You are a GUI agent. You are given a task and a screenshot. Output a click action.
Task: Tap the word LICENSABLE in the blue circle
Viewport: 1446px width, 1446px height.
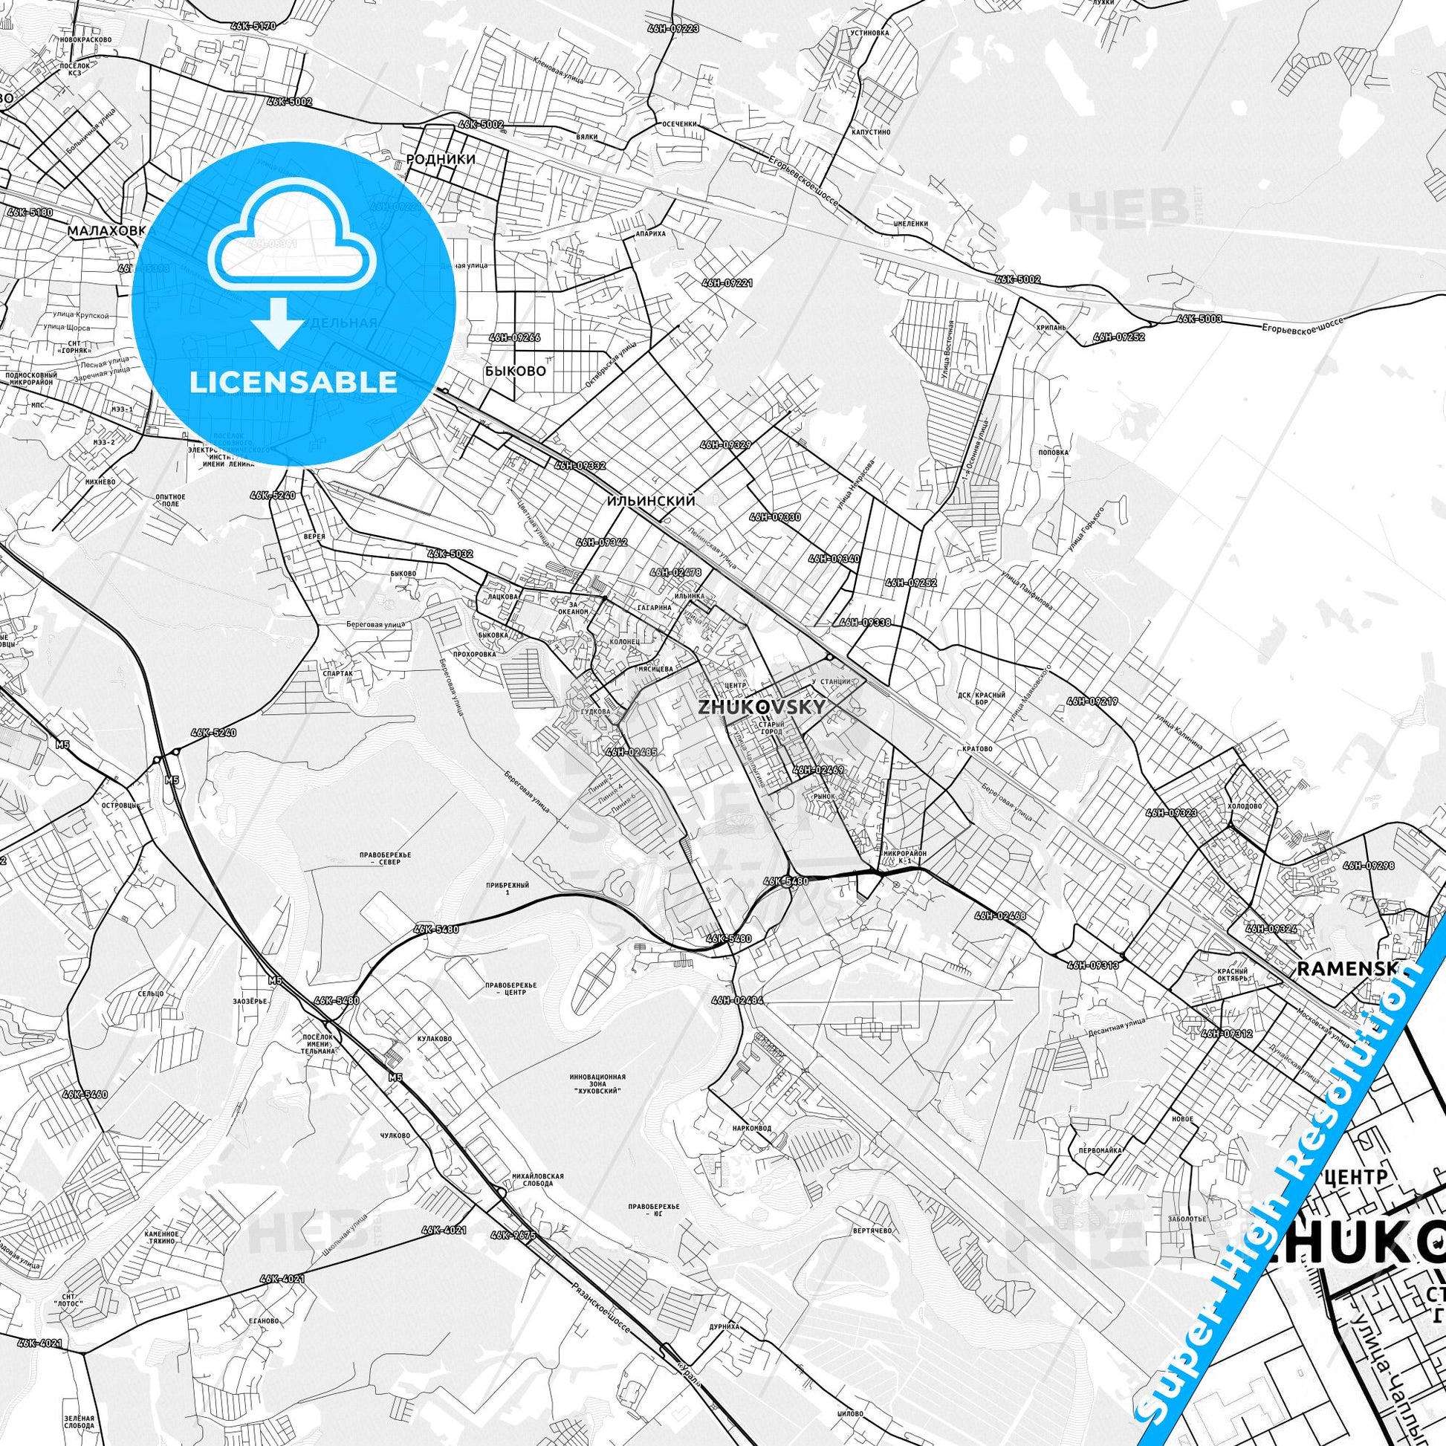coord(294,382)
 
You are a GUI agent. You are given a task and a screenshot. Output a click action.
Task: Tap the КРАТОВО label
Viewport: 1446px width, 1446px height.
coord(978,749)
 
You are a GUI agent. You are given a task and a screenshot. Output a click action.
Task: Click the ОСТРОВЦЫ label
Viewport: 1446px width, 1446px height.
coord(120,805)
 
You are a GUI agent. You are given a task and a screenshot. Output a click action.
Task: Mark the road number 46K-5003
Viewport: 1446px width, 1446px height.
coord(1199,319)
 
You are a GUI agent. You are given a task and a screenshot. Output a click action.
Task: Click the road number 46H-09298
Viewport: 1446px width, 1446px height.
coord(1369,866)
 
